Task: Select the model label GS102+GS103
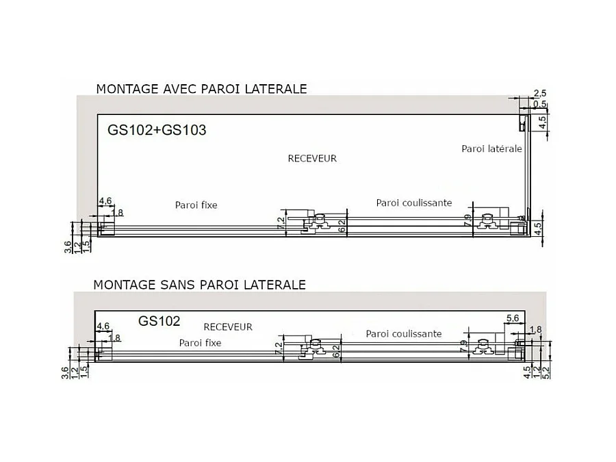pyautogui.click(x=157, y=129)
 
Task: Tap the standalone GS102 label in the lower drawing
pyautogui.click(x=159, y=320)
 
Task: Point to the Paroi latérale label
pyautogui.click(x=491, y=149)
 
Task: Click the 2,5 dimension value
pyautogui.click(x=539, y=93)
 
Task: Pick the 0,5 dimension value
pyautogui.click(x=539, y=104)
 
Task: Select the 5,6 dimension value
pyautogui.click(x=513, y=318)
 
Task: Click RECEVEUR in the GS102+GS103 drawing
pyautogui.click(x=312, y=158)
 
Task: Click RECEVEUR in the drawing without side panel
pyautogui.click(x=228, y=326)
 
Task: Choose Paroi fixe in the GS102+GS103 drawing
pyautogui.click(x=196, y=205)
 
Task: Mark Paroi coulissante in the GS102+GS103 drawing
pyautogui.click(x=414, y=203)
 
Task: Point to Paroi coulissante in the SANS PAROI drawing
pyautogui.click(x=404, y=333)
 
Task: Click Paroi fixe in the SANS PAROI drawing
pyautogui.click(x=200, y=342)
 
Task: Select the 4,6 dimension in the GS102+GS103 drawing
pyautogui.click(x=105, y=201)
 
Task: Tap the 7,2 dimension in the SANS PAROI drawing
pyautogui.click(x=279, y=348)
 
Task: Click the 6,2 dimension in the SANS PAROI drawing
pyautogui.click(x=337, y=351)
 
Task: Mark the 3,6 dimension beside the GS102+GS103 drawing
pyautogui.click(x=68, y=246)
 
